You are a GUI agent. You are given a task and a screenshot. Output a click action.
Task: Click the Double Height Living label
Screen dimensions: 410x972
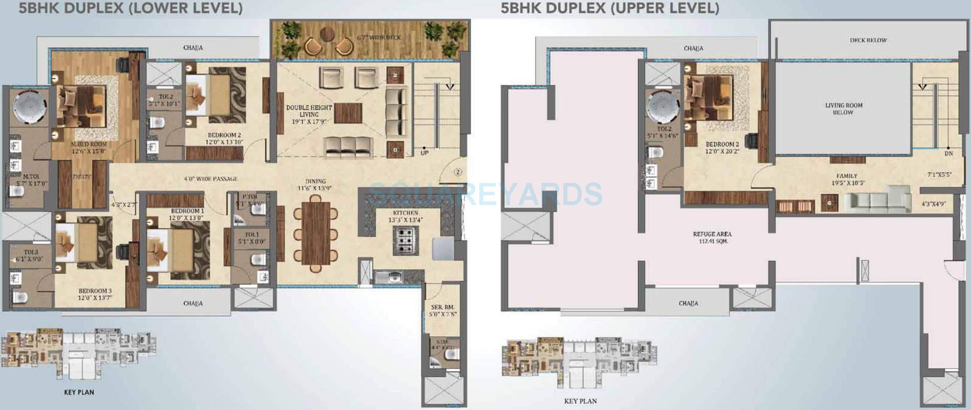coord(309,114)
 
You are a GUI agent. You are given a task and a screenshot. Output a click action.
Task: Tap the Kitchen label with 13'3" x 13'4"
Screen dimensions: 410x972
coord(405,216)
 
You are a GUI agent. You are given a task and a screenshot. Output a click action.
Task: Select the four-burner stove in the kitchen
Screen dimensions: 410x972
coord(405,240)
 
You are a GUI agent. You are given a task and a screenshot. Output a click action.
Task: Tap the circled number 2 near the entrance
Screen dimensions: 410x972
coord(458,172)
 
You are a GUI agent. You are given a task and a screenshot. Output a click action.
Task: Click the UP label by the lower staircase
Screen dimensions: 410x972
coord(425,153)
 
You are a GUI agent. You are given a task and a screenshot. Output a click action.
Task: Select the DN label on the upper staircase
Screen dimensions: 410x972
coord(948,153)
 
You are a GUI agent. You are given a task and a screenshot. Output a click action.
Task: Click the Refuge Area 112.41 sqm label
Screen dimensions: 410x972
coord(712,237)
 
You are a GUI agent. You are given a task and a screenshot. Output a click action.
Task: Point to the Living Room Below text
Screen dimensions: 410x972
coord(843,109)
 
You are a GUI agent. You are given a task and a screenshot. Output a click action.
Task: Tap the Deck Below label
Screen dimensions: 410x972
coord(868,40)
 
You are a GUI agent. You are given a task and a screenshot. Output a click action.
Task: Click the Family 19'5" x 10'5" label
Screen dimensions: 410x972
coord(846,179)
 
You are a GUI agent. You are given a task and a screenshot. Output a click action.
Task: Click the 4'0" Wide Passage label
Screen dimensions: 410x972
coord(210,179)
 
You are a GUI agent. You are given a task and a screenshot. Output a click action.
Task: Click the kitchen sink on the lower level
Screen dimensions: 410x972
coord(389,277)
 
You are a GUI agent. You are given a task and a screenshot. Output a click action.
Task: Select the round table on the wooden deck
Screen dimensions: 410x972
coord(326,34)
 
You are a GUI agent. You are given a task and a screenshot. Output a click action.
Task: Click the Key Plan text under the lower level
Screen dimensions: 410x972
coord(79,392)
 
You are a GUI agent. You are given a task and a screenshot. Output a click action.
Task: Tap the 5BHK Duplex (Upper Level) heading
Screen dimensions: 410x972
coord(609,8)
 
